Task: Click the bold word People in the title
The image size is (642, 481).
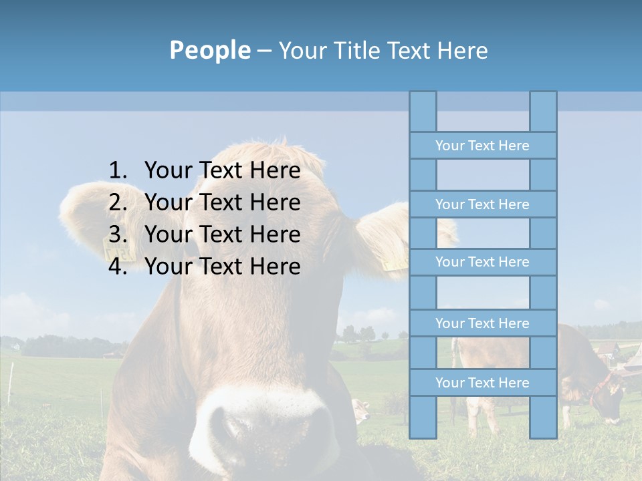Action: click(210, 50)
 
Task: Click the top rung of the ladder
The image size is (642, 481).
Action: click(482, 146)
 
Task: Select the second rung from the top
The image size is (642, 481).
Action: click(482, 204)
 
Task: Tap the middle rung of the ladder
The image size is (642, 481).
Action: click(482, 263)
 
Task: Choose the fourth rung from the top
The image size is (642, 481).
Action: click(482, 323)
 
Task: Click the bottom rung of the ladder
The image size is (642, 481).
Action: click(482, 383)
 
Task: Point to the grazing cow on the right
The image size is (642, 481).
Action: click(588, 374)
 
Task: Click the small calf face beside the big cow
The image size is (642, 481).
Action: click(361, 409)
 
